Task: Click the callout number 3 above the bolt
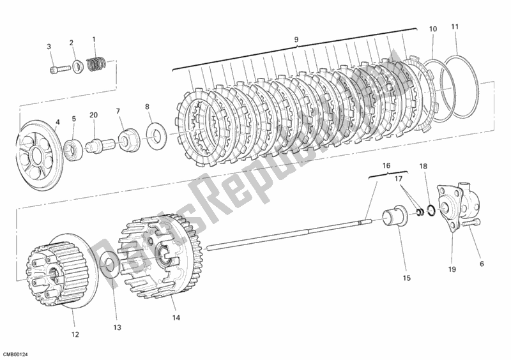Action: [x=49, y=46]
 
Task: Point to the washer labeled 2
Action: [x=76, y=66]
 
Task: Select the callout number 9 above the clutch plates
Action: [x=296, y=40]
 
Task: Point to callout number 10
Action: [x=454, y=27]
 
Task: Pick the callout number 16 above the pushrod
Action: [x=386, y=165]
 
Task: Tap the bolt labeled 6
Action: [x=472, y=224]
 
